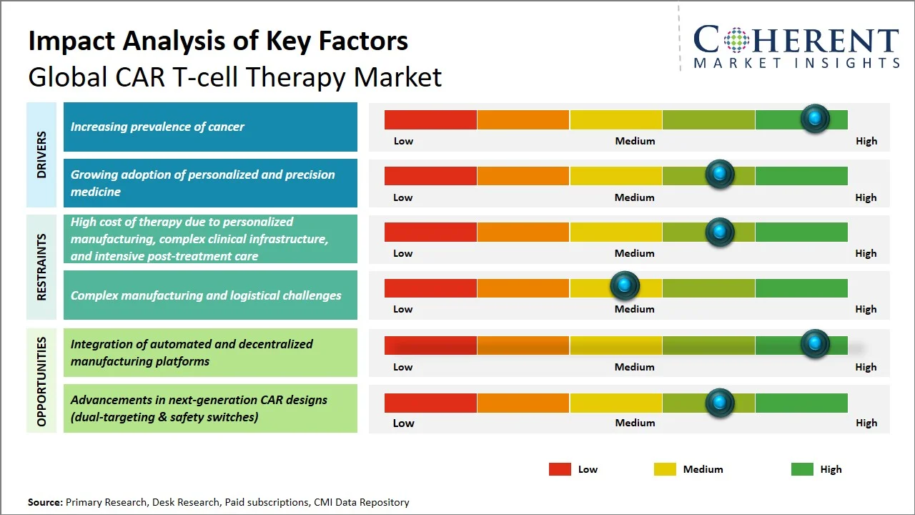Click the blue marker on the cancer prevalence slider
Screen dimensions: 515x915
[814, 118]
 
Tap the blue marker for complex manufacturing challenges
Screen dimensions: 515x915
[625, 286]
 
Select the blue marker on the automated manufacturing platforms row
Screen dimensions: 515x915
[814, 344]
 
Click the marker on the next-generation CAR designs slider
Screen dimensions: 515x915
[720, 403]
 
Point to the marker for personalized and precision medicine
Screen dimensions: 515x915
[720, 174]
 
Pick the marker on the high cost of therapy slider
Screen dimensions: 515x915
[720, 232]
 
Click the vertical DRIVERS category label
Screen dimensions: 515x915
[41, 154]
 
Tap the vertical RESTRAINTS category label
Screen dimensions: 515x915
[41, 267]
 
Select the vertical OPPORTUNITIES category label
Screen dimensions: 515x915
[41, 381]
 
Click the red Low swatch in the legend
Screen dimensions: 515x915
[560, 469]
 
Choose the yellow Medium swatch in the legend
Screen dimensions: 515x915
[665, 469]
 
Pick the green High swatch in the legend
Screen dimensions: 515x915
[802, 469]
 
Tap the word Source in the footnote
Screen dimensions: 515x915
[45, 502]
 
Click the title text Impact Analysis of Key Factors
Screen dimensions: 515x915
[218, 41]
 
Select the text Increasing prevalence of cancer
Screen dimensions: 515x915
[157, 127]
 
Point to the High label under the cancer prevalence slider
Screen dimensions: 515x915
[866, 141]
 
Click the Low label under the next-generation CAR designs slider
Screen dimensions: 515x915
[403, 423]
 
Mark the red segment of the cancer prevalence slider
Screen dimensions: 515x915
[430, 119]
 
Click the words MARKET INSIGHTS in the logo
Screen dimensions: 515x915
[796, 63]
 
